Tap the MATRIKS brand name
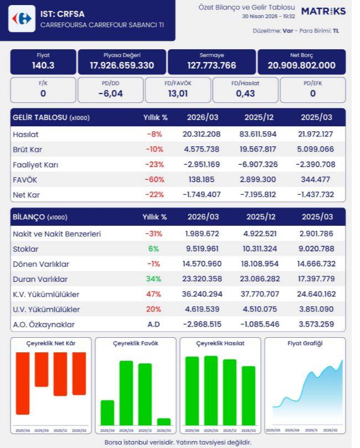[323, 11]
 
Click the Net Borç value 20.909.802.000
[301, 65]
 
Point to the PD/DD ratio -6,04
[110, 93]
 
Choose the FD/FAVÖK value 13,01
[178, 93]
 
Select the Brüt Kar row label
[28, 150]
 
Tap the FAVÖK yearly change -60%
[156, 180]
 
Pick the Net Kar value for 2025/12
[260, 195]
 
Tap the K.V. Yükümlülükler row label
[46, 294]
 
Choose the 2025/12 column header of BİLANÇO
[261, 217]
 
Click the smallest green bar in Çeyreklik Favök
[164, 421]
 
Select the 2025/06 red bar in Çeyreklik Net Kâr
[23, 383]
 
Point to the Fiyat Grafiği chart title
[305, 343]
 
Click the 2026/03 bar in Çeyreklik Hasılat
[249, 395]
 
